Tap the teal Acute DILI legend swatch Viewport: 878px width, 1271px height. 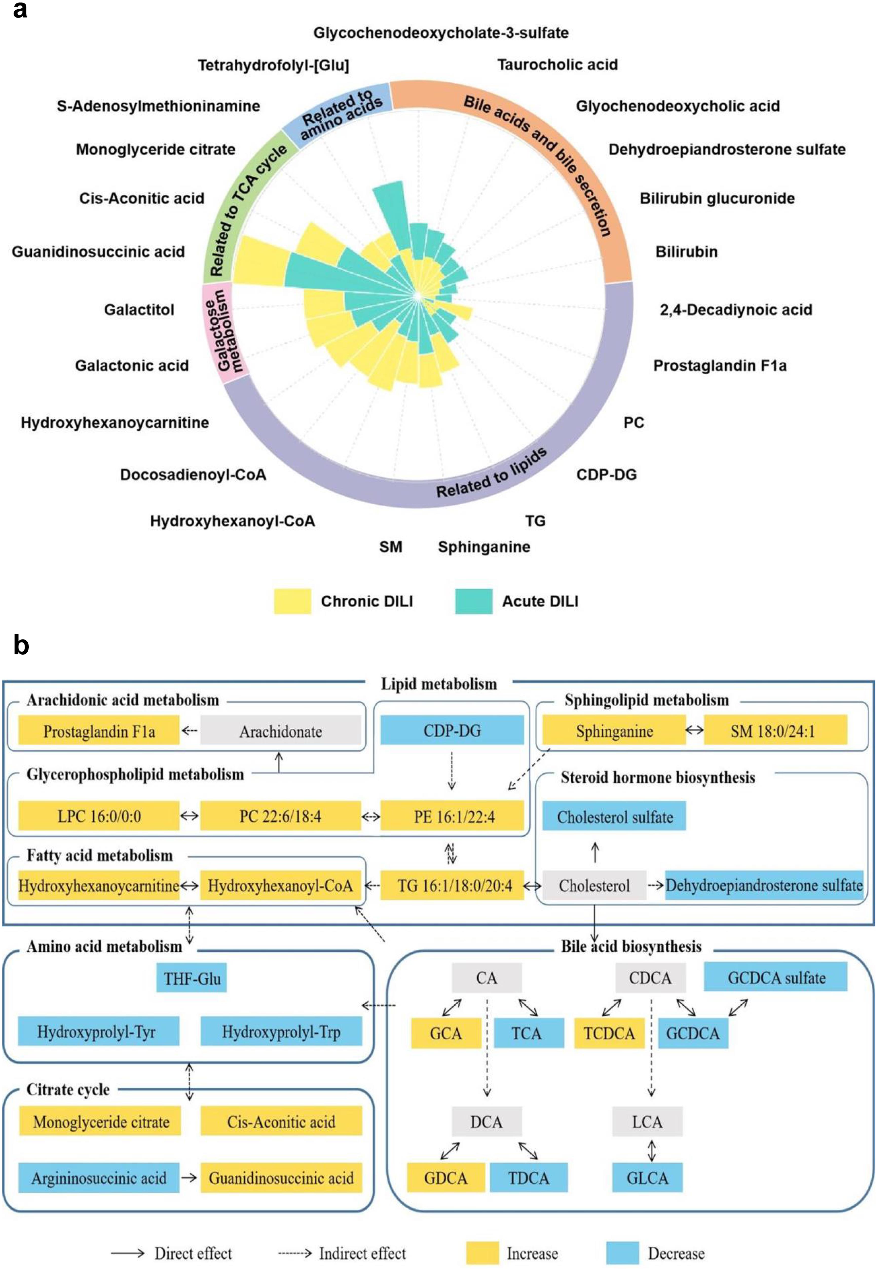point(473,601)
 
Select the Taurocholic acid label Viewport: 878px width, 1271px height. point(557,65)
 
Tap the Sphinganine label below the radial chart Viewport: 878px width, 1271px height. point(483,547)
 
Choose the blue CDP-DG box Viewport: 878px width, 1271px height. point(452,730)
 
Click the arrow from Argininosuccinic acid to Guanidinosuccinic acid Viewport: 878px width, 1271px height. point(189,1177)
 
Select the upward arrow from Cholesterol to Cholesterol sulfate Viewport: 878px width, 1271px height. point(595,852)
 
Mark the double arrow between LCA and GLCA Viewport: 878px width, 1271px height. point(651,1150)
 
